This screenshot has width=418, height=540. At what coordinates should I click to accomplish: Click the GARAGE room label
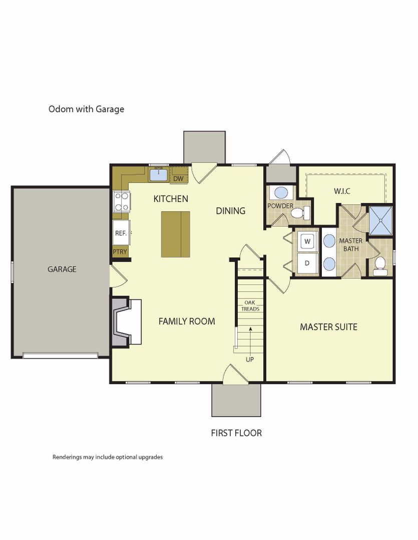[x=62, y=269]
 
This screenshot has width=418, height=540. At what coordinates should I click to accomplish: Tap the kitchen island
[x=176, y=234]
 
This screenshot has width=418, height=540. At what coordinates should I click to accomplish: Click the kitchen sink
[x=159, y=175]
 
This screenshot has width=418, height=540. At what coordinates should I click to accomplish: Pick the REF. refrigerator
[x=121, y=233]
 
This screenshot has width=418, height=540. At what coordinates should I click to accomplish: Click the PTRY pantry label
[x=120, y=251]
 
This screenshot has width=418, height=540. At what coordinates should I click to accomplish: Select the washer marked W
[x=307, y=241]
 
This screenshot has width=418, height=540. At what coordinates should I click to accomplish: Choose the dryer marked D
[x=307, y=263]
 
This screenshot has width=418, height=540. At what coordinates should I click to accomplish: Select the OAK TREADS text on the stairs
[x=250, y=306]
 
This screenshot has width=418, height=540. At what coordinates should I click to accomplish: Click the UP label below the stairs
[x=250, y=359]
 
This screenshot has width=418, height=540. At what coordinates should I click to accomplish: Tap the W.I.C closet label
[x=342, y=191]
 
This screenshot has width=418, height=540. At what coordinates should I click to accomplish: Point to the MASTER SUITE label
[x=328, y=327]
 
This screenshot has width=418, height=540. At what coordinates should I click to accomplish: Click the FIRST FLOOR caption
[x=236, y=433]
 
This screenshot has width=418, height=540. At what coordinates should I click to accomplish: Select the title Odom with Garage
[x=86, y=109]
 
